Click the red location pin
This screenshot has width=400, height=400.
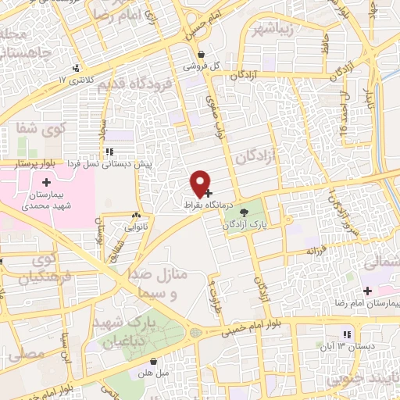(x=202, y=182)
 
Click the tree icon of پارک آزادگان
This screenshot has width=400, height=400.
(x=244, y=211)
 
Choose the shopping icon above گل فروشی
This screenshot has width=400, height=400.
(x=202, y=55)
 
